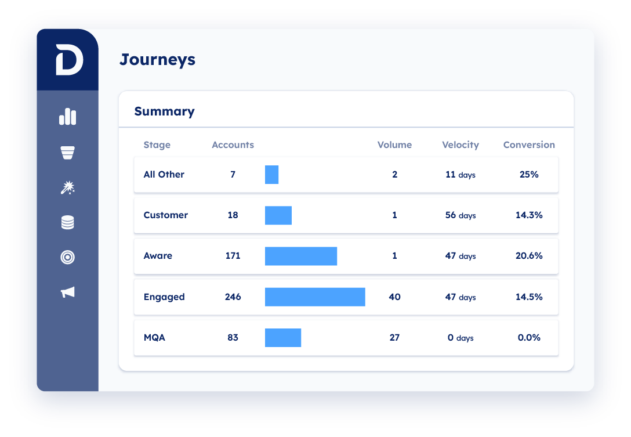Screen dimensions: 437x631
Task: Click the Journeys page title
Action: click(157, 60)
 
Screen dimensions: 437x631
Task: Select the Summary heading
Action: click(164, 111)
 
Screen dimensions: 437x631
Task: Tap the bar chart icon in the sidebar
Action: click(68, 117)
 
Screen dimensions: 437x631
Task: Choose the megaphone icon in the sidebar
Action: click(68, 292)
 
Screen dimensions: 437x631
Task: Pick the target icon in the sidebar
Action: click(68, 257)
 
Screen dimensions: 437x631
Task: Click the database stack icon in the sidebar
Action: click(68, 222)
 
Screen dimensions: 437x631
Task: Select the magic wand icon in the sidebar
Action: click(68, 187)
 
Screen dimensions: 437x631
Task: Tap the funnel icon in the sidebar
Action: click(68, 153)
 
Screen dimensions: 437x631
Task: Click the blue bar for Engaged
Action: click(315, 297)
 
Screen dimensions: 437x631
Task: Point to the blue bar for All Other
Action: click(271, 175)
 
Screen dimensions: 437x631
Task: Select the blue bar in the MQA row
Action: click(283, 338)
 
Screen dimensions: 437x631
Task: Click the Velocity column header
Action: click(460, 145)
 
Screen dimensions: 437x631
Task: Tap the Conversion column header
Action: click(529, 145)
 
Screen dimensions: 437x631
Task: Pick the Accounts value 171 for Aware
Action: click(233, 256)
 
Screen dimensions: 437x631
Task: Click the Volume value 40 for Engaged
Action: click(394, 297)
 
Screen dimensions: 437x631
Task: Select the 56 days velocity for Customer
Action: click(460, 215)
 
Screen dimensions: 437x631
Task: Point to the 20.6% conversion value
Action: click(529, 256)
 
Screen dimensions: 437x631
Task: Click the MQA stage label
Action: click(154, 338)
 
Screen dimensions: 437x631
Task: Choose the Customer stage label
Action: click(166, 215)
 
